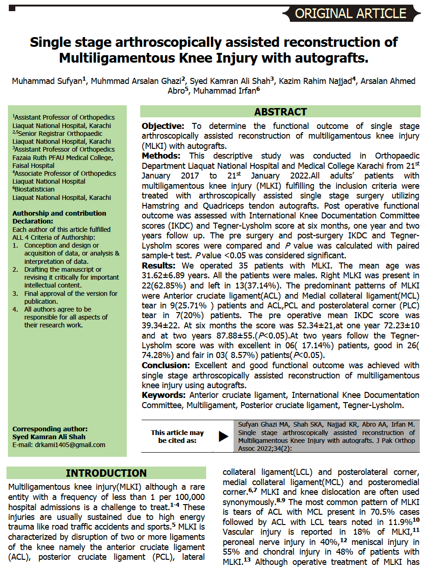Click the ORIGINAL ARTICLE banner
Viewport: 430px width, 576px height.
point(351,13)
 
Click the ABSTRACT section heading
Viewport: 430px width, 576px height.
point(280,112)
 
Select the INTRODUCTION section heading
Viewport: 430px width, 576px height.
point(106,473)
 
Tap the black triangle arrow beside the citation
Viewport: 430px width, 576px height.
point(223,436)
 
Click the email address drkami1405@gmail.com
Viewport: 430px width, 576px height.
point(59,445)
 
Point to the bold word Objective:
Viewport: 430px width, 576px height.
point(163,126)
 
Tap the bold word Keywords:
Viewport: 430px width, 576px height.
point(164,395)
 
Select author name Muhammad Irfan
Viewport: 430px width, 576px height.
point(224,91)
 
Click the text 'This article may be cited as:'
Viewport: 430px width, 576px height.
point(177,436)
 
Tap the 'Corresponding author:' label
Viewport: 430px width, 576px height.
point(50,429)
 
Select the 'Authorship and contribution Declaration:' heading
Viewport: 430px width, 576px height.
point(59,217)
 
